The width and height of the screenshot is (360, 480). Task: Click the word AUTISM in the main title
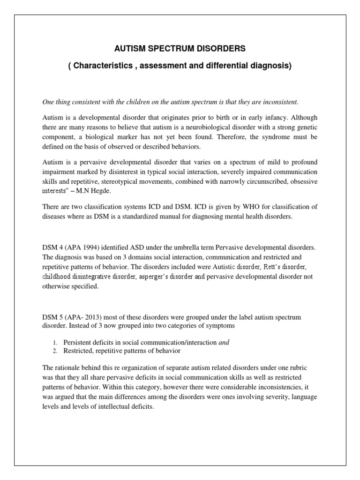(129, 48)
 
